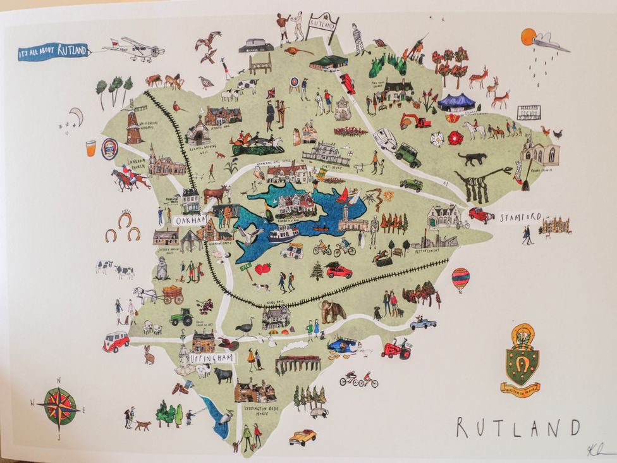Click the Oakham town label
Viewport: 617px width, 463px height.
pos(190,221)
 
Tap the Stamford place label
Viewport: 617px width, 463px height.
pos(520,217)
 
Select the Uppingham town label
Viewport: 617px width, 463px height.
pos(212,358)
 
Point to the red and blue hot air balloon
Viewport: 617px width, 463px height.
pos(460,279)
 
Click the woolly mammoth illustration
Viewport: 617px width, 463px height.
pos(332,310)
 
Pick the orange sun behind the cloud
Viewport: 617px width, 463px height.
pos(528,37)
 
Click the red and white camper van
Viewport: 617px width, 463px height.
pos(116,342)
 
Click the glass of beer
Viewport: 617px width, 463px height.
pos(91,149)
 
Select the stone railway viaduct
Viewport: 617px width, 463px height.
pos(298,364)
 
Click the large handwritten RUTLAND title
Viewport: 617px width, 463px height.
pos(517,428)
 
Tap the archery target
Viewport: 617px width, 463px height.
pos(293,83)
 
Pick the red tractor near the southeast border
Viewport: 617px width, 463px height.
pos(397,349)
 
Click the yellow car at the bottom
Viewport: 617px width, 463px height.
pos(302,437)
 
